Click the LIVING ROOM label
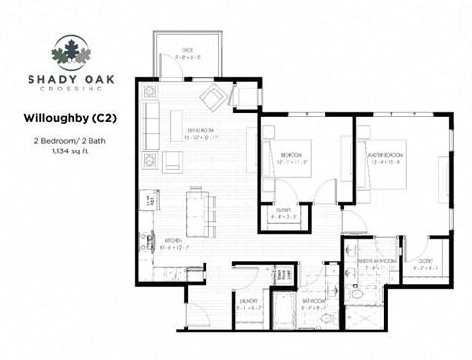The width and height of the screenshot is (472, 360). click(200, 129)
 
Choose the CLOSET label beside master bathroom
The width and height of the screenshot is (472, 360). click(426, 261)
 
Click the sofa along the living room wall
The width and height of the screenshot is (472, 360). click(150, 123)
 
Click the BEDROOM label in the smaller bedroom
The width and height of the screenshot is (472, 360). click(292, 155)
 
